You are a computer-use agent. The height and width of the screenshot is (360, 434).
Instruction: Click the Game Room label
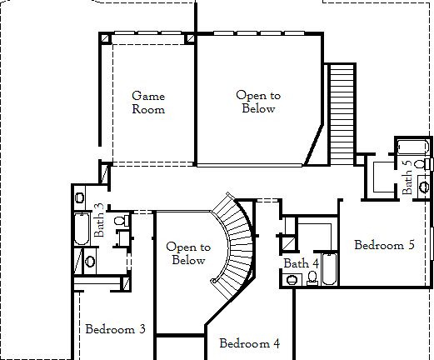point(148,102)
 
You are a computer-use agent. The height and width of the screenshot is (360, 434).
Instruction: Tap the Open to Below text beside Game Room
point(258,102)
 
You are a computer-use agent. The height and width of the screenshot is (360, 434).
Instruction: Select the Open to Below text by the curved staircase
point(187,253)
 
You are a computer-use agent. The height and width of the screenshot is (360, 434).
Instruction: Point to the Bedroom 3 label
point(116,329)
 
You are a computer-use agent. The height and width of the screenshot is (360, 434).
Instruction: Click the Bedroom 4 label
point(249,343)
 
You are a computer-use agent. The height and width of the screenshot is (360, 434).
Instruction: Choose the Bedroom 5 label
point(384,245)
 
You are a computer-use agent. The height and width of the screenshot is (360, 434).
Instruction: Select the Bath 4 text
point(301,263)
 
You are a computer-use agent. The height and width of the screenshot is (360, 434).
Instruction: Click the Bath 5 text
point(407,177)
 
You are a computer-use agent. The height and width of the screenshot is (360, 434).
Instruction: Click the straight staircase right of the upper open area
point(341,112)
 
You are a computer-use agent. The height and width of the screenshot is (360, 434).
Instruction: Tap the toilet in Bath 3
point(119,222)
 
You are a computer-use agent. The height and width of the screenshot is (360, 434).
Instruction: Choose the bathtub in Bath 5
point(412,147)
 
